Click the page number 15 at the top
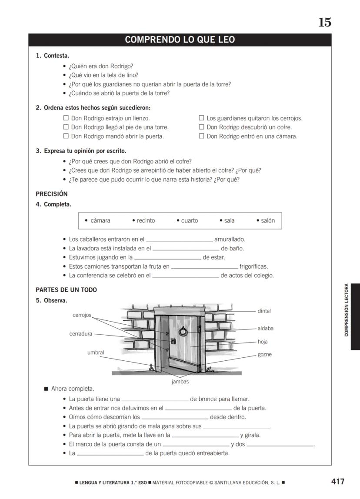325,23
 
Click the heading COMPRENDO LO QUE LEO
180,40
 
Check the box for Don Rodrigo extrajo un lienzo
66,118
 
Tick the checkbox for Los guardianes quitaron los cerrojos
201,118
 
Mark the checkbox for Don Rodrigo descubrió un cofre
201,127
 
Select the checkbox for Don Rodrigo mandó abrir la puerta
66,136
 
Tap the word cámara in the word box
100,221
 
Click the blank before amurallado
180,240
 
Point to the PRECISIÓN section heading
52,194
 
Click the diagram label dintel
264,311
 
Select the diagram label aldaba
265,329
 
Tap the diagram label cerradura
81,334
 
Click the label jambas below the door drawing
180,382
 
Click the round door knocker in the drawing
184,332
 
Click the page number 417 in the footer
337,482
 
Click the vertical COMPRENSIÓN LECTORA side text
347,310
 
